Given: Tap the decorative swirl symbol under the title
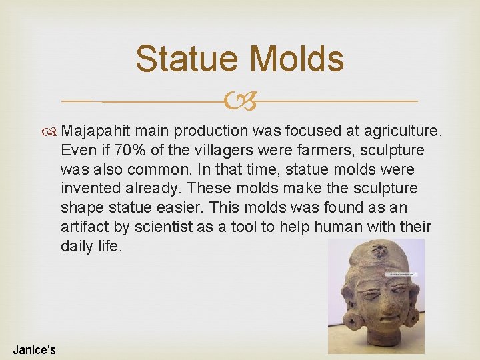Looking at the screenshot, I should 240,101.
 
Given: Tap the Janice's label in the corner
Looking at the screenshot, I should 34,349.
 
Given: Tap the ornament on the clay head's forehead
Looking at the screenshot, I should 379,252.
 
